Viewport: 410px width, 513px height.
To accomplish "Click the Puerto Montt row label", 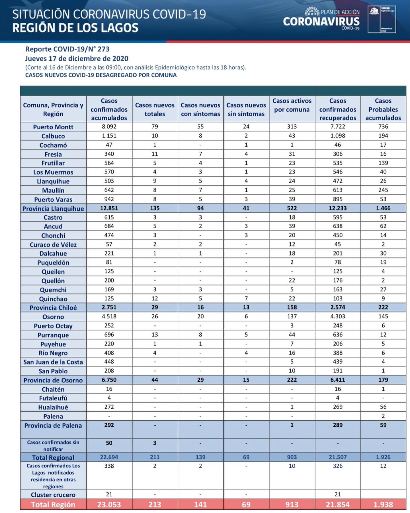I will tap(53, 127).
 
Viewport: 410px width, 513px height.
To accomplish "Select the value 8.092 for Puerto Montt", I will tap(109, 126).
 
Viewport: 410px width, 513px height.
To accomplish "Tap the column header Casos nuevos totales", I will tap(155, 109).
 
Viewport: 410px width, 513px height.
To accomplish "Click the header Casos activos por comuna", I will tap(292, 105).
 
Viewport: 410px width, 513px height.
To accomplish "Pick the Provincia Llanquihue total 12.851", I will tap(109, 208).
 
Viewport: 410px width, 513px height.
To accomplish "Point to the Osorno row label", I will tap(53, 317).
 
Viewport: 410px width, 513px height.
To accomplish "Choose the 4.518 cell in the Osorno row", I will tap(109, 316).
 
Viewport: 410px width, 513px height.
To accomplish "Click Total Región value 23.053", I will tap(109, 504).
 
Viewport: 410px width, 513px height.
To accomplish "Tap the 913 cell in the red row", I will tap(292, 504).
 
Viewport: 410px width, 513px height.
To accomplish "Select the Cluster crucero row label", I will tap(53, 495).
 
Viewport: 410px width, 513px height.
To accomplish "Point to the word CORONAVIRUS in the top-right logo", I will tap(321, 21).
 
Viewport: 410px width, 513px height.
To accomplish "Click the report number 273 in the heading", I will tap(103, 49).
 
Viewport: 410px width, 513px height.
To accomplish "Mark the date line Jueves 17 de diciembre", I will tap(77, 58).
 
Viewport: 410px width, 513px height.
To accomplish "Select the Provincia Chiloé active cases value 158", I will tap(292, 307).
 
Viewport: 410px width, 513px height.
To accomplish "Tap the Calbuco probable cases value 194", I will tap(383, 136).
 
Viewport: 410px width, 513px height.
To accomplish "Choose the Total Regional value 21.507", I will tap(338, 457).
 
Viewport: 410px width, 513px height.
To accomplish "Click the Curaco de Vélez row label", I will tap(53, 245).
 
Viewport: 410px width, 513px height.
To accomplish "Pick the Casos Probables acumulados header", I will tap(383, 109).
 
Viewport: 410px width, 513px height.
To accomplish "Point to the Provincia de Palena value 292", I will tap(109, 425).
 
